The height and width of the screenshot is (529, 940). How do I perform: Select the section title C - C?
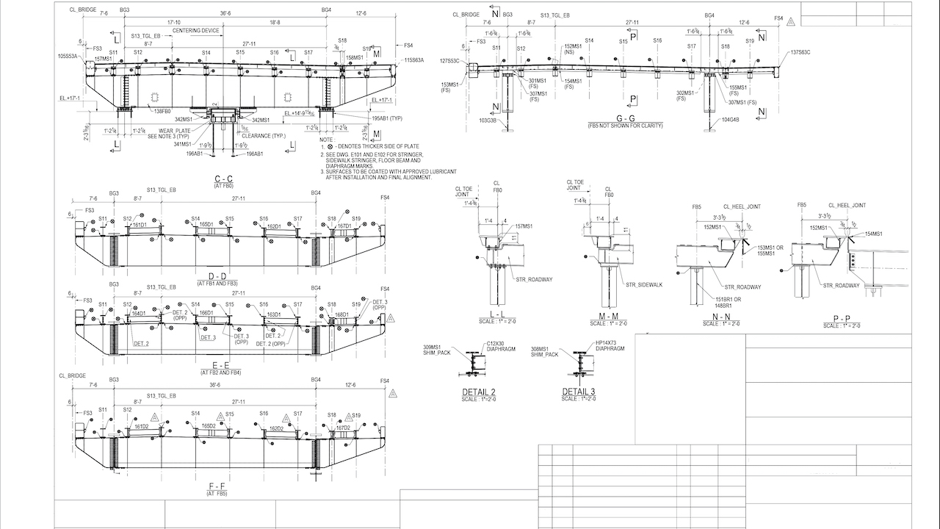(223, 180)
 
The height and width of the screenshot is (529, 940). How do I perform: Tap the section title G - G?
(626, 119)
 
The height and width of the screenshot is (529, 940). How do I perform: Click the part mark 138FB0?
(162, 111)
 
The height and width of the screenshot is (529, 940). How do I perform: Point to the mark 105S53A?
(68, 56)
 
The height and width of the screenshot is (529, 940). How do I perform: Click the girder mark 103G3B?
(488, 120)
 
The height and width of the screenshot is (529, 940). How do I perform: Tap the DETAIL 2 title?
(479, 392)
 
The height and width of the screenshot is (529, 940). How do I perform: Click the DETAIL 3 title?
(579, 392)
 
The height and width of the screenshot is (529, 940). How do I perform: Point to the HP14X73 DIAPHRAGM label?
(610, 346)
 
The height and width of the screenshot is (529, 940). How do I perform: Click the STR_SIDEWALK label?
(640, 284)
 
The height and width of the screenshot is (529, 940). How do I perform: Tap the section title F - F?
(223, 488)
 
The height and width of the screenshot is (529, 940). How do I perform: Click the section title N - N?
(709, 318)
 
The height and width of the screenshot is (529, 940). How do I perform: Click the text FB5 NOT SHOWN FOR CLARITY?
(626, 126)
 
